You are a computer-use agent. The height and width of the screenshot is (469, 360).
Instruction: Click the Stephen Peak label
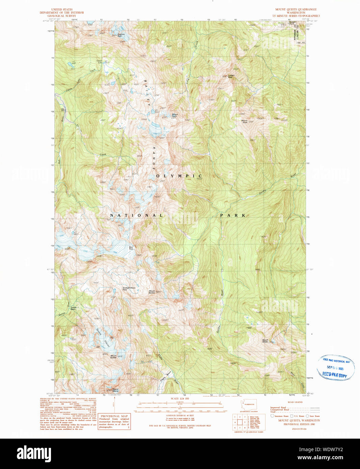click(121, 34)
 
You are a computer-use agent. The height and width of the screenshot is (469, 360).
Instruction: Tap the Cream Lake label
click(99, 62)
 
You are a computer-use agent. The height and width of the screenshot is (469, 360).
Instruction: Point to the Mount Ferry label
click(175, 115)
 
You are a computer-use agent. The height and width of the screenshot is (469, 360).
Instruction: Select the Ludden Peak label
click(231, 76)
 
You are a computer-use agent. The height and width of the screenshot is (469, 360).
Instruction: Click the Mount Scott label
click(244, 121)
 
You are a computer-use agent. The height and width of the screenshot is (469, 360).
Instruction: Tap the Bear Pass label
click(131, 248)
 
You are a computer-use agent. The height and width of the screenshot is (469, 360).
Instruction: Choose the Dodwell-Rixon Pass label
click(129, 288)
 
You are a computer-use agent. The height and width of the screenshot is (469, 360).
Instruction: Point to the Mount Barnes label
click(152, 292)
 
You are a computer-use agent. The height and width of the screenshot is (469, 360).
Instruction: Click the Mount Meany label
click(115, 390)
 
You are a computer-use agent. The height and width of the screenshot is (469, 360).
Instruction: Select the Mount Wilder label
click(265, 341)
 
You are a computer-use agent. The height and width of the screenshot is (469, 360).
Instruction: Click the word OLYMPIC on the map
click(179, 176)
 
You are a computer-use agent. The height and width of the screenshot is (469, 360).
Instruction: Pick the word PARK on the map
click(233, 215)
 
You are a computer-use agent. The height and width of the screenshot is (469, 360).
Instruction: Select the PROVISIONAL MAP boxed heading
click(114, 416)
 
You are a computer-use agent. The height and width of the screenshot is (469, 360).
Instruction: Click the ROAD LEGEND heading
click(295, 402)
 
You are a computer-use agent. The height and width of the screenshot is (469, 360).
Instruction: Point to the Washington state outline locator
click(248, 404)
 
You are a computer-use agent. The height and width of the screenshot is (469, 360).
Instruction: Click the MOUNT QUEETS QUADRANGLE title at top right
click(296, 9)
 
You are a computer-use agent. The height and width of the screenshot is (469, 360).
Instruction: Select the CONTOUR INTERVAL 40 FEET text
click(175, 415)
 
